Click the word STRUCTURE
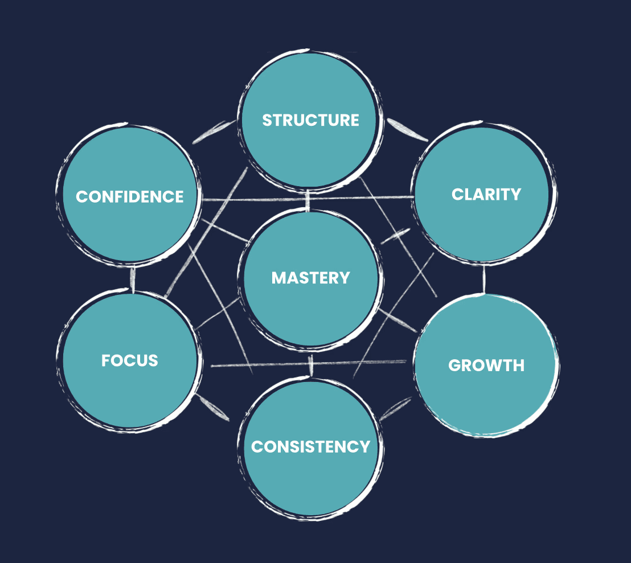310,120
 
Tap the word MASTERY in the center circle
310,278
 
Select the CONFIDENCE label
130,196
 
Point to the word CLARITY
486,194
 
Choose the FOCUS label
130,360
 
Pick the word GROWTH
486,365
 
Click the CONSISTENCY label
310,447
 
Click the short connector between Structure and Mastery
308,200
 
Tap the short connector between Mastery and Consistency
311,365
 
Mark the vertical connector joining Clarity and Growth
484,279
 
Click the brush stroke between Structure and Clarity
407,129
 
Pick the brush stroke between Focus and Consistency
213,407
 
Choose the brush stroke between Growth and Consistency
395,409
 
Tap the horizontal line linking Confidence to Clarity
308,199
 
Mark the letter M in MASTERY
278,278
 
